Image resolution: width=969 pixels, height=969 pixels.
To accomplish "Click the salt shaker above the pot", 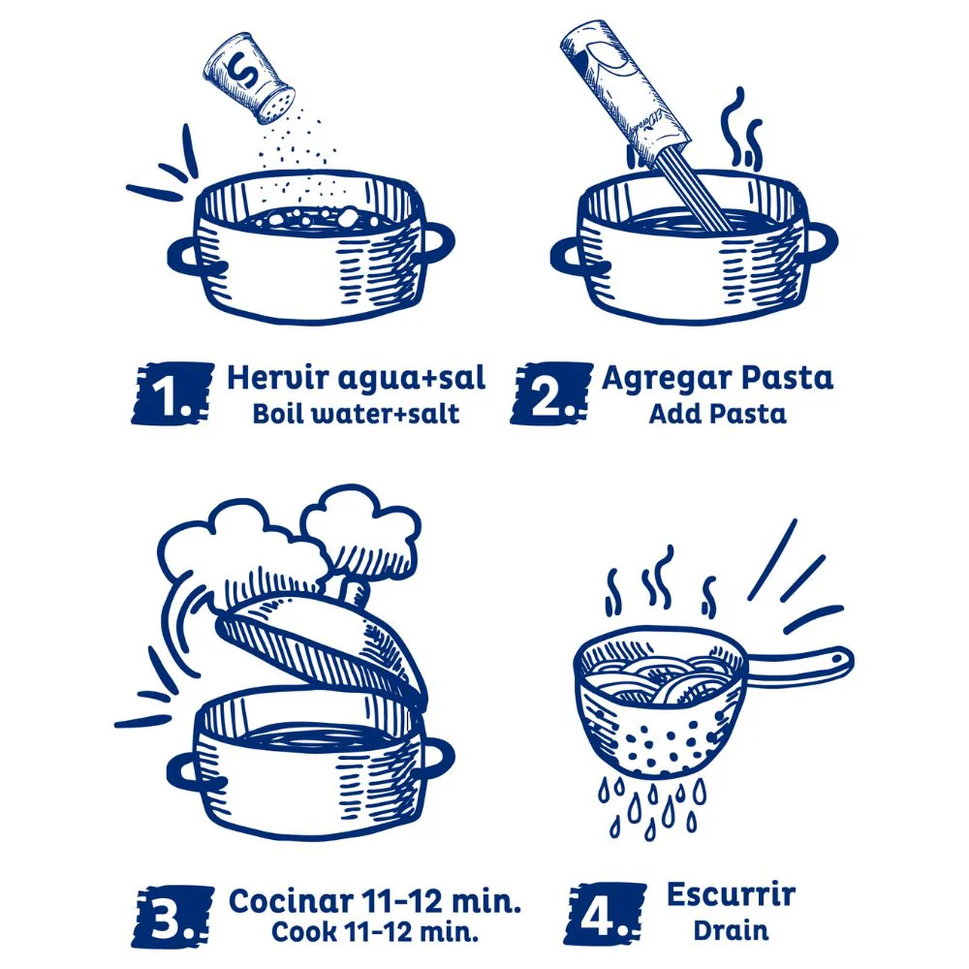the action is tap(249, 78).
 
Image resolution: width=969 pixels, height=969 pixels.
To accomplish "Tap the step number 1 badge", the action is tap(172, 393).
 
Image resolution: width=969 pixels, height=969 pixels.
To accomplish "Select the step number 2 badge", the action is tap(551, 393).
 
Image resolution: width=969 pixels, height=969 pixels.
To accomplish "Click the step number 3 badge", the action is tap(172, 917).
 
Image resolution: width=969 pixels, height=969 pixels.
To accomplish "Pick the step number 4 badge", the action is tap(606, 914).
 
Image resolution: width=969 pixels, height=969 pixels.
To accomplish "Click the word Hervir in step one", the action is tap(277, 377).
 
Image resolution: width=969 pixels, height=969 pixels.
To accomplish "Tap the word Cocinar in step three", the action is tap(291, 901).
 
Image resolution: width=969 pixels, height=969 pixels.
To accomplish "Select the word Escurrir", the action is tap(731, 894).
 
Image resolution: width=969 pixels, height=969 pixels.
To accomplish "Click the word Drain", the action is tap(731, 930).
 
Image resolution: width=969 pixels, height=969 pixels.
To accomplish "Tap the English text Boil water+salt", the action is tap(356, 414).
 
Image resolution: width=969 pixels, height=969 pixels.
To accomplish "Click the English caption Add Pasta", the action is tap(717, 414).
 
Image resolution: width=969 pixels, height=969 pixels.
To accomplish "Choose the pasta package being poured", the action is tap(625, 93).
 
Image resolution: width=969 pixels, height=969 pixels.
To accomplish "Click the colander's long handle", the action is tap(799, 667).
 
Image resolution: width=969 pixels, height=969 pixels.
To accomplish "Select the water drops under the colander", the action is tap(652, 805).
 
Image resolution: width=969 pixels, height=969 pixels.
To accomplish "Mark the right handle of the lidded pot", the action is tap(438, 759).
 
